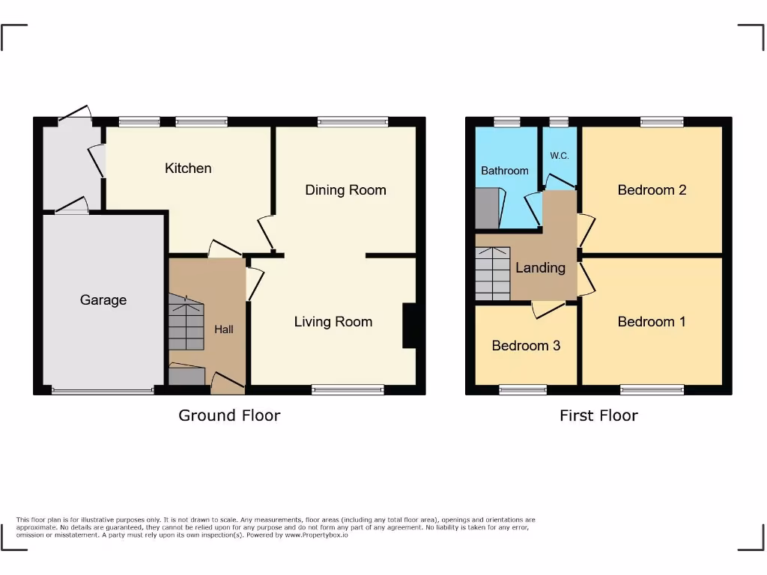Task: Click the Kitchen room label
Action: click(x=188, y=168)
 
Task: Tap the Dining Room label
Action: click(x=345, y=190)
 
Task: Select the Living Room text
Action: click(x=333, y=322)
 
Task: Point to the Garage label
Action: click(x=103, y=300)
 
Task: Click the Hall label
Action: click(x=224, y=329)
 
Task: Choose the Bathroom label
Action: click(x=504, y=171)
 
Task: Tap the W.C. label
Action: click(x=560, y=156)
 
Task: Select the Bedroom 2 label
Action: click(x=652, y=190)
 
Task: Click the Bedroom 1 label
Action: click(x=652, y=322)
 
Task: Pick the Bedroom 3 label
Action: click(x=526, y=346)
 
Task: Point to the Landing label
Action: click(x=540, y=267)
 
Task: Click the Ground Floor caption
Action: click(x=229, y=416)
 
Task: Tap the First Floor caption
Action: click(x=598, y=416)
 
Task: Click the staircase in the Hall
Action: click(x=186, y=322)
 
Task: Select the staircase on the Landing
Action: click(x=493, y=273)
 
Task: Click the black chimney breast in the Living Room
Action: click(x=409, y=326)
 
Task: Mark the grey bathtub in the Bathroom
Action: click(x=487, y=207)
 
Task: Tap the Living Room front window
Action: click(x=348, y=389)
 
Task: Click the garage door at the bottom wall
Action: click(x=103, y=390)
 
